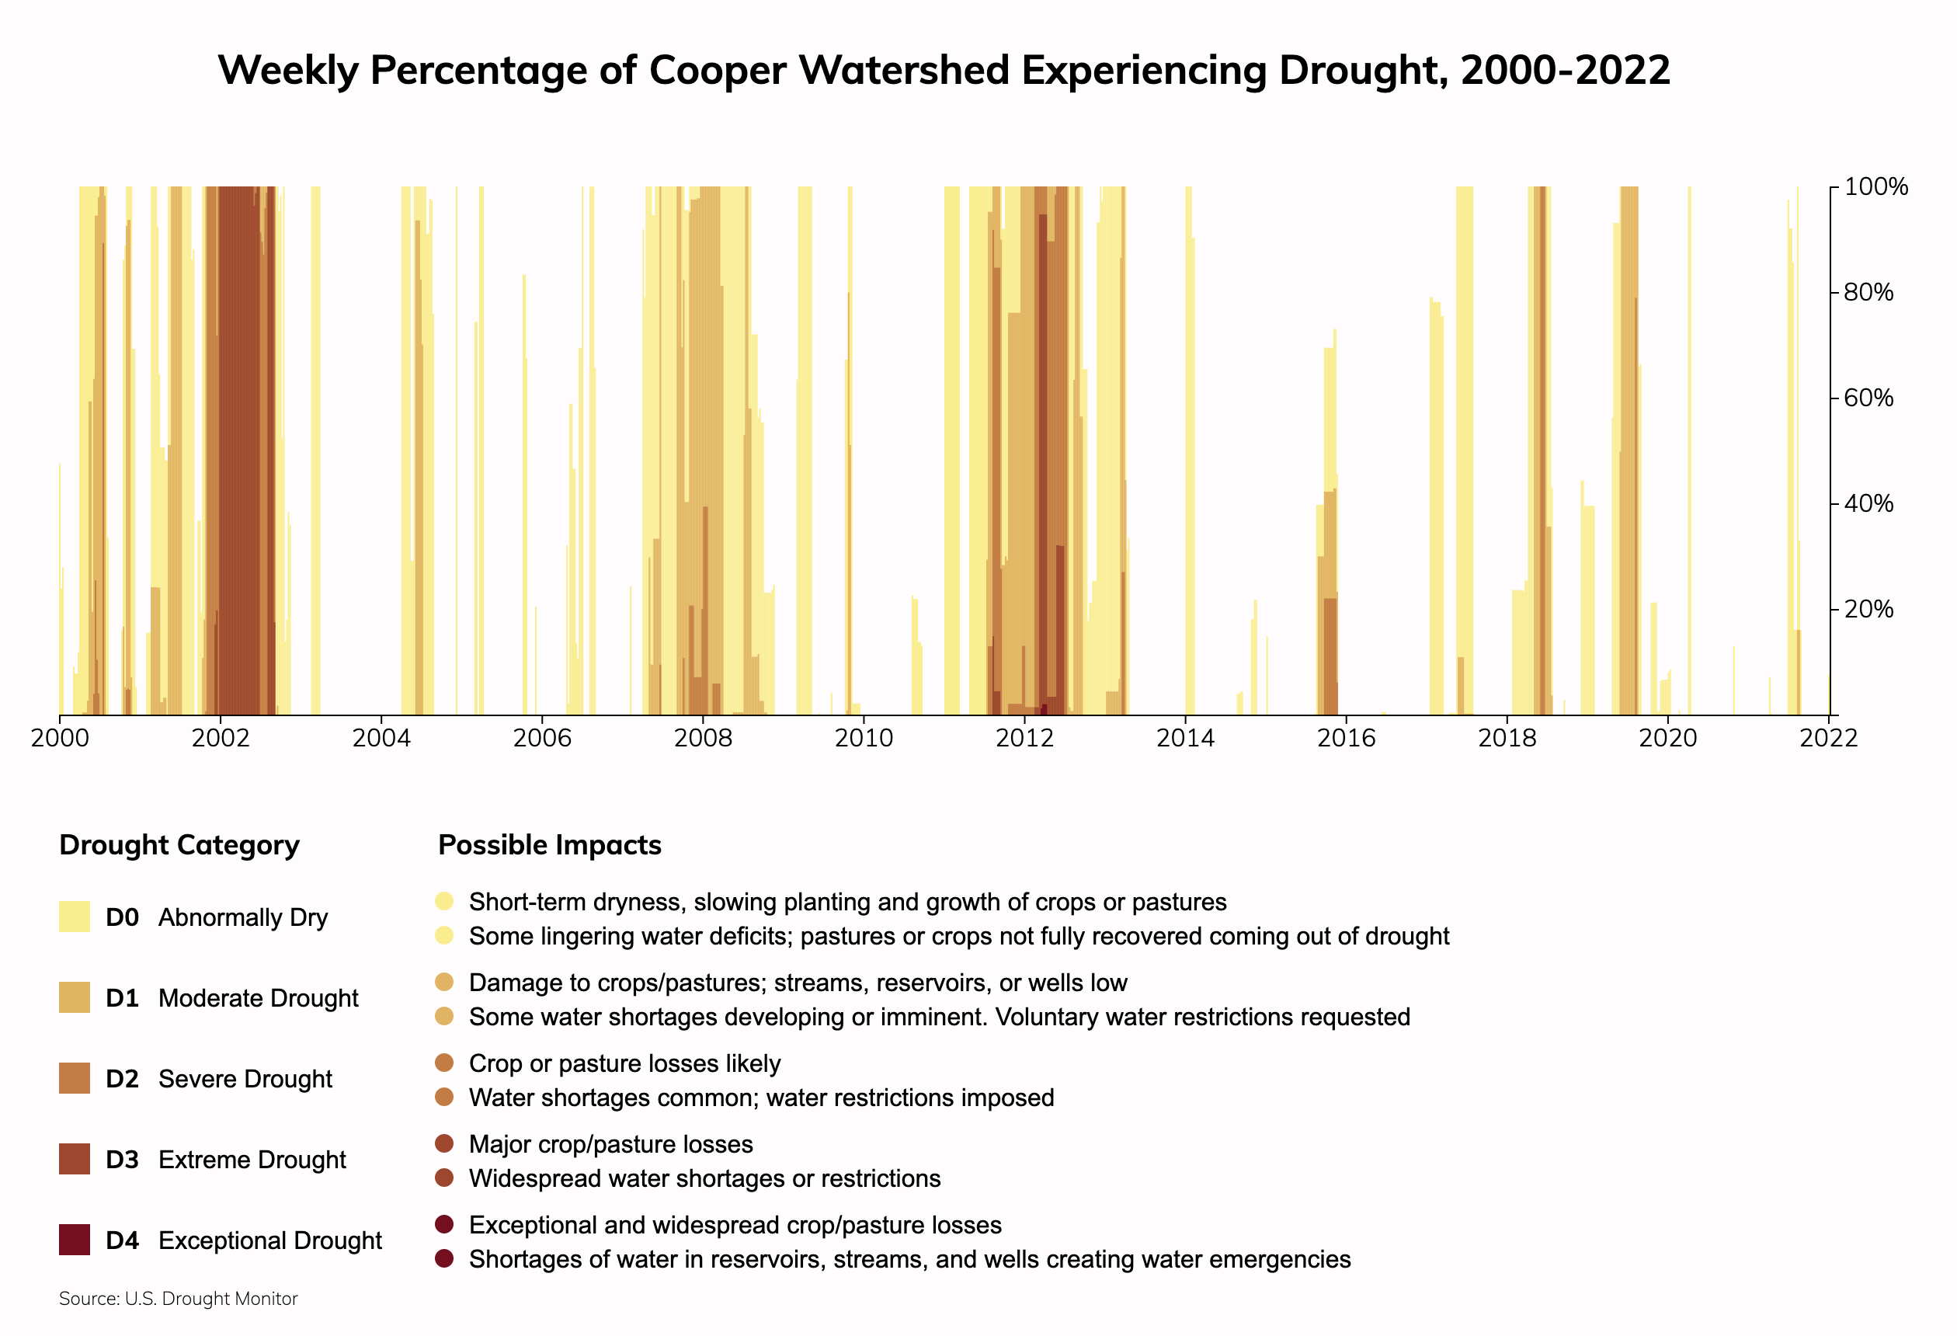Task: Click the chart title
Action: point(944,70)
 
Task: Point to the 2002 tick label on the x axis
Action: point(221,738)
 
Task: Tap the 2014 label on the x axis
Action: point(1185,738)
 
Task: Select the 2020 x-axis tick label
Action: point(1667,738)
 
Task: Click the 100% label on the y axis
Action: point(1875,187)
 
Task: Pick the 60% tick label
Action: point(1868,398)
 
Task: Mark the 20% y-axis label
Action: point(1868,609)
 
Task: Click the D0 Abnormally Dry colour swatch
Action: point(74,917)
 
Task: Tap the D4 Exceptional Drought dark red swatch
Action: point(74,1240)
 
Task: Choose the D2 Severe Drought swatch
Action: point(74,1078)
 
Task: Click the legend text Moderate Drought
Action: point(258,998)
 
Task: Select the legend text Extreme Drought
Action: point(252,1160)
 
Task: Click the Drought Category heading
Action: point(179,845)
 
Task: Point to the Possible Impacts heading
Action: point(550,845)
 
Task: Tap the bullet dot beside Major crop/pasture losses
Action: point(445,1144)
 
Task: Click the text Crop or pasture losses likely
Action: point(624,1064)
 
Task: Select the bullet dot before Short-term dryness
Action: point(445,901)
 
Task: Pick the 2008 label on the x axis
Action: point(703,738)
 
